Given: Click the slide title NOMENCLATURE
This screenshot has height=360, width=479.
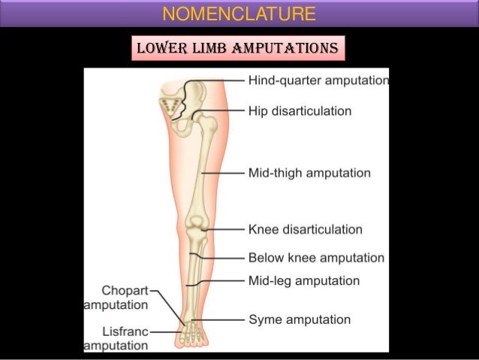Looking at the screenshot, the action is tap(239, 14).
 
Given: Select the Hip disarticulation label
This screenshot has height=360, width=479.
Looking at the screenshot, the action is tap(300, 111).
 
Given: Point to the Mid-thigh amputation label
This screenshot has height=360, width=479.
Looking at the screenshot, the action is tap(309, 173).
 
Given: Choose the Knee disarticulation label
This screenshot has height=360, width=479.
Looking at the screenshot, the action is tap(305, 229).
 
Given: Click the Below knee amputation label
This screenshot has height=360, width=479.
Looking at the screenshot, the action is tap(316, 258).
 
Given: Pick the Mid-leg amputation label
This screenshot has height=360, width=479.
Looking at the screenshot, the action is tap(303, 281).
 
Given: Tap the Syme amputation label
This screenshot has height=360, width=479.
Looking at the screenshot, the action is tap(299, 319).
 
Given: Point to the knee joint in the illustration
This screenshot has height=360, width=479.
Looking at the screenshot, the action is tap(198, 225).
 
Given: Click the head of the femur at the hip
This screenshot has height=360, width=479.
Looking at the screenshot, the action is tap(201, 116).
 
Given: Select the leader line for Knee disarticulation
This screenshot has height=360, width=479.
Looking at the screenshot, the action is tap(225, 229).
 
